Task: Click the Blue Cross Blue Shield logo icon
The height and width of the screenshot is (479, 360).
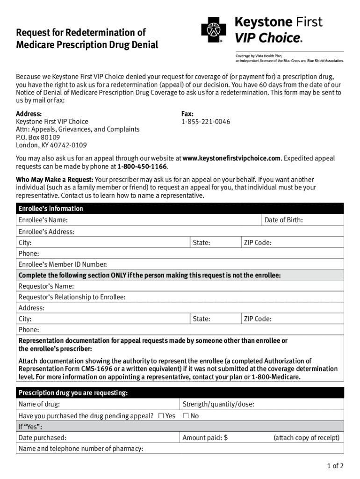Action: pyautogui.click(x=213, y=30)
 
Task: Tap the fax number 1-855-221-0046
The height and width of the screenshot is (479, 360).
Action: pyautogui.click(x=206, y=122)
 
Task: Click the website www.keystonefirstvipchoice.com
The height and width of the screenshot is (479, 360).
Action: pyautogui.click(x=232, y=159)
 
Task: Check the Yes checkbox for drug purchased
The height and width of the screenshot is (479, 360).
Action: pyautogui.click(x=161, y=416)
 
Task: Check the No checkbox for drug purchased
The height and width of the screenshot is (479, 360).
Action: pyautogui.click(x=186, y=416)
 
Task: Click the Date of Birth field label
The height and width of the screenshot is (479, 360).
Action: pyautogui.click(x=283, y=220)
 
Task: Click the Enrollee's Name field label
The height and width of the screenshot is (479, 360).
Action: pyautogui.click(x=43, y=220)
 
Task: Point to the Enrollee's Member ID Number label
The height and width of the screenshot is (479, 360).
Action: pyautogui.click(x=63, y=264)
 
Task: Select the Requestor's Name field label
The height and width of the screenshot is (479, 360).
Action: pyautogui.click(x=46, y=286)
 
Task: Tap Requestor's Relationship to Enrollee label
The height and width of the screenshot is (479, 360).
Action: pyautogui.click(x=72, y=297)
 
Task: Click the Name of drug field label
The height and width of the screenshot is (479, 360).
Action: pyautogui.click(x=39, y=405)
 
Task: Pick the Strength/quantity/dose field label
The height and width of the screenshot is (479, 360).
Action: pyautogui.click(x=218, y=405)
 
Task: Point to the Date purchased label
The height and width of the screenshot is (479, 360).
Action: pyautogui.click(x=42, y=438)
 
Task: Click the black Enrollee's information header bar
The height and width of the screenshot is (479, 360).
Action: pyautogui.click(x=180, y=209)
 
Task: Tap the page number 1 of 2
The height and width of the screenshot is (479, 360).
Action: pyautogui.click(x=335, y=465)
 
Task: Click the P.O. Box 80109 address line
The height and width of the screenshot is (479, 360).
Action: pyautogui.click(x=38, y=138)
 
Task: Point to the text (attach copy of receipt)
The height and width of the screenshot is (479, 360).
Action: pyautogui.click(x=306, y=438)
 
